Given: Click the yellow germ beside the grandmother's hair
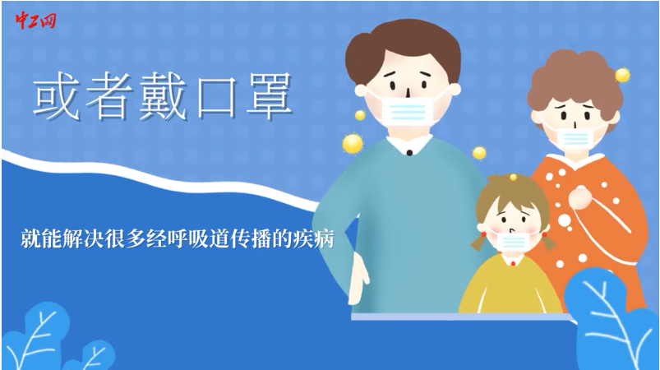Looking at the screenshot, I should coord(622,76).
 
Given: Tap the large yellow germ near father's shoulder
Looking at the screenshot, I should coord(353,144).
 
